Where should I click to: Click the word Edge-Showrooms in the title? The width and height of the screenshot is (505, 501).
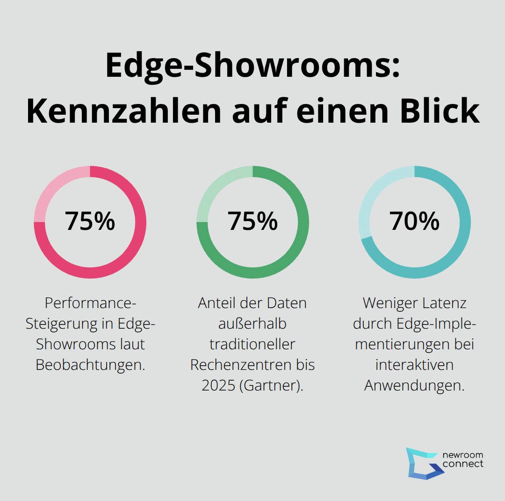253,66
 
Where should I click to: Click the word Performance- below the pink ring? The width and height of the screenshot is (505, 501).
90,303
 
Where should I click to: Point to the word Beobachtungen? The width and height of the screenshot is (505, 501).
90,365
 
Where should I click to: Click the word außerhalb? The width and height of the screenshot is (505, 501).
252,324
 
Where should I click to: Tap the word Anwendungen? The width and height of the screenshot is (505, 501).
414,385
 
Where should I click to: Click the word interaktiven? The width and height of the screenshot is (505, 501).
414,365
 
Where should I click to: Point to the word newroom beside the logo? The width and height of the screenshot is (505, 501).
462,455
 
